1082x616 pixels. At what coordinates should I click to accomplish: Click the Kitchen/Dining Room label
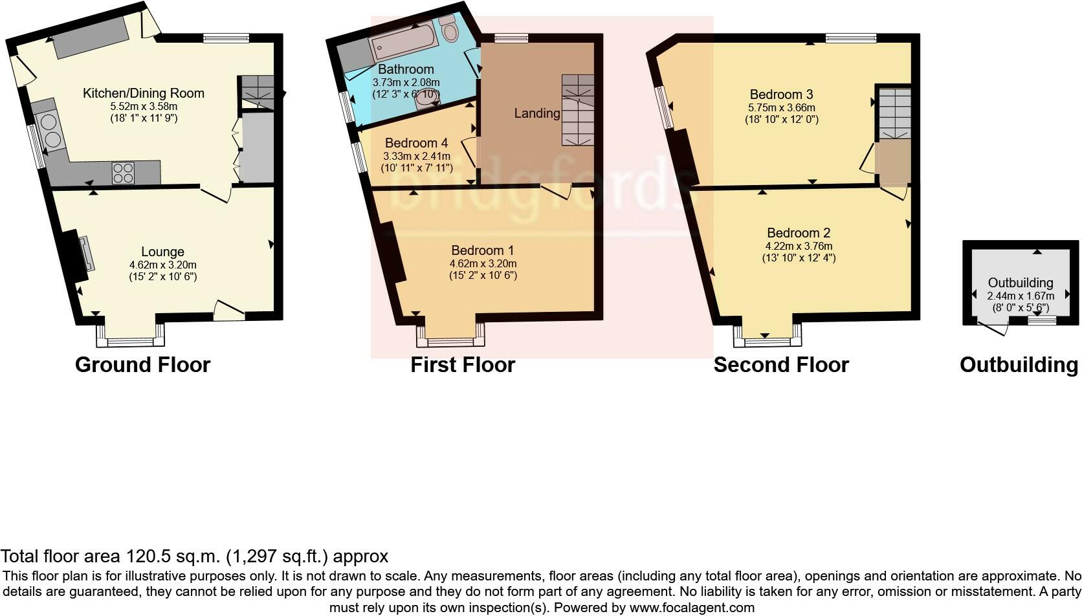point(143,93)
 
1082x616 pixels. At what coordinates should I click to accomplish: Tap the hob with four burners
point(124,173)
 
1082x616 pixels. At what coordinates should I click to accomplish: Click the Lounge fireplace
point(77,255)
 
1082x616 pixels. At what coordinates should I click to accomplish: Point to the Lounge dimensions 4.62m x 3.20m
point(162,265)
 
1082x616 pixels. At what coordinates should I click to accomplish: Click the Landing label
point(537,113)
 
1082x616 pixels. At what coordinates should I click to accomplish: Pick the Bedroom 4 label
point(416,143)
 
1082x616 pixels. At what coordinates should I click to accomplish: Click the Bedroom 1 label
point(482,250)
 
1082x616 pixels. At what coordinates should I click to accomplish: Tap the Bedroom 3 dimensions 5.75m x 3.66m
point(782,107)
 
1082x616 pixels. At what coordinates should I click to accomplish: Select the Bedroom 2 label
point(799,233)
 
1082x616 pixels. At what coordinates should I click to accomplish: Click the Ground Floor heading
point(142,365)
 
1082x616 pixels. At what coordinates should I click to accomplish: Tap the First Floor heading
point(462,365)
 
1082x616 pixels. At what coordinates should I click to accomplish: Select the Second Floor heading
point(780,365)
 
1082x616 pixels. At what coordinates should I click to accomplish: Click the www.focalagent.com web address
point(691,608)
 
